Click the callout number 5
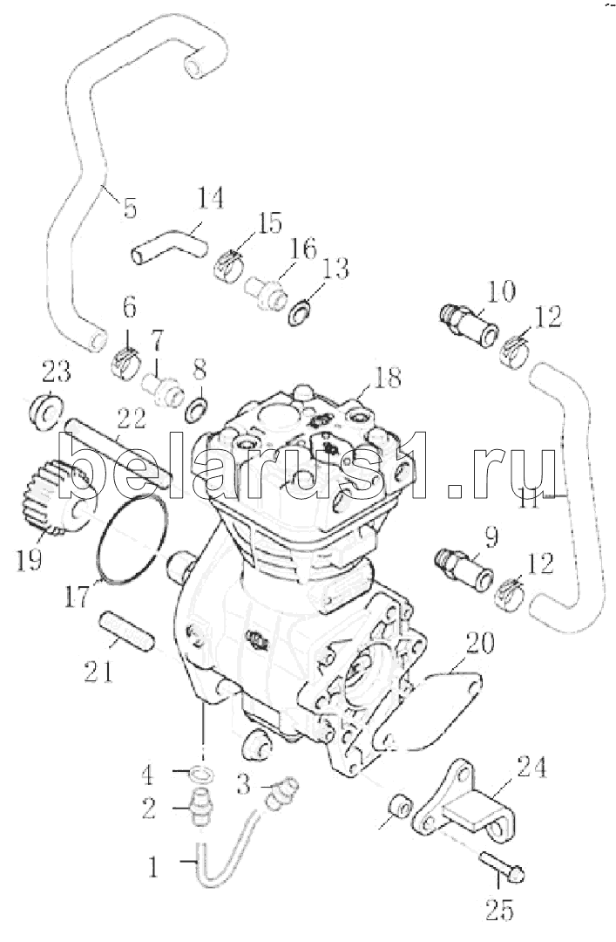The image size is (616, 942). [x=131, y=208]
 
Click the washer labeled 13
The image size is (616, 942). [x=299, y=313]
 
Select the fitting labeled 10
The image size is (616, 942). [x=469, y=324]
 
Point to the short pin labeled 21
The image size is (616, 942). [x=126, y=631]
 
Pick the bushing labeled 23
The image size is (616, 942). [x=45, y=412]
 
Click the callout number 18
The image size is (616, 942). [x=387, y=378]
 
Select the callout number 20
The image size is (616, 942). [x=480, y=643]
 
